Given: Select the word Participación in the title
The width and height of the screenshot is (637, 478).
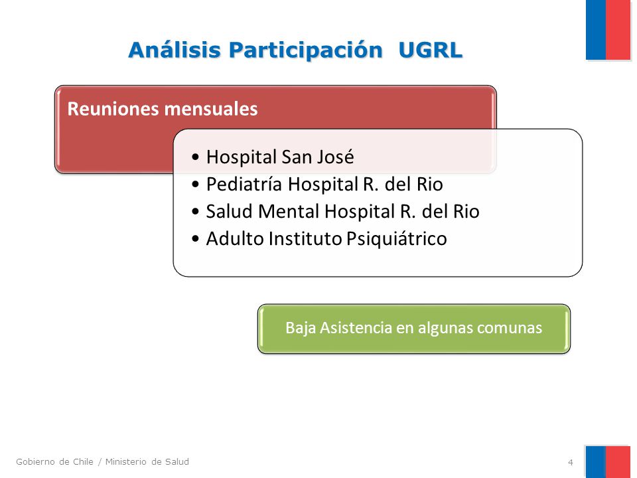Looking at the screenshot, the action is pyautogui.click(x=305, y=50).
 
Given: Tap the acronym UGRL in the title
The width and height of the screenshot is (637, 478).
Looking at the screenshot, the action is pyautogui.click(x=430, y=50).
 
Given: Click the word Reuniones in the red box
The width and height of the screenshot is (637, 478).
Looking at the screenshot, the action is pyautogui.click(x=113, y=108).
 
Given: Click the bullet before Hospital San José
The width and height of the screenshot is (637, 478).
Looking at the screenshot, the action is pyautogui.click(x=196, y=157).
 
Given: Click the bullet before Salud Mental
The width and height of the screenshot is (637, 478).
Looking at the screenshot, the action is pyautogui.click(x=196, y=211).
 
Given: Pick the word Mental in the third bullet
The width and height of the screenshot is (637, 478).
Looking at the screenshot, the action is pyautogui.click(x=289, y=211).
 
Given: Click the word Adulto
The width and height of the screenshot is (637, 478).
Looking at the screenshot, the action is pyautogui.click(x=235, y=238).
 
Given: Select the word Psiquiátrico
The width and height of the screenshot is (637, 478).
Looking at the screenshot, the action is pyautogui.click(x=397, y=239).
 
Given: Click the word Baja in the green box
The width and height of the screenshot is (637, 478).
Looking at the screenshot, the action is pyautogui.click(x=301, y=327).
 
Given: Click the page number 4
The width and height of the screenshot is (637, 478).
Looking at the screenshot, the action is pyautogui.click(x=571, y=462).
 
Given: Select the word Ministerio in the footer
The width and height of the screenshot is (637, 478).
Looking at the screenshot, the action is pyautogui.click(x=126, y=462).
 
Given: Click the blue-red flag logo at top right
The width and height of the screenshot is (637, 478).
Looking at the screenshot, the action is pyautogui.click(x=608, y=30).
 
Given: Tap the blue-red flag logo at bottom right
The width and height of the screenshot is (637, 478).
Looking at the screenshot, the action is pyautogui.click(x=608, y=462).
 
